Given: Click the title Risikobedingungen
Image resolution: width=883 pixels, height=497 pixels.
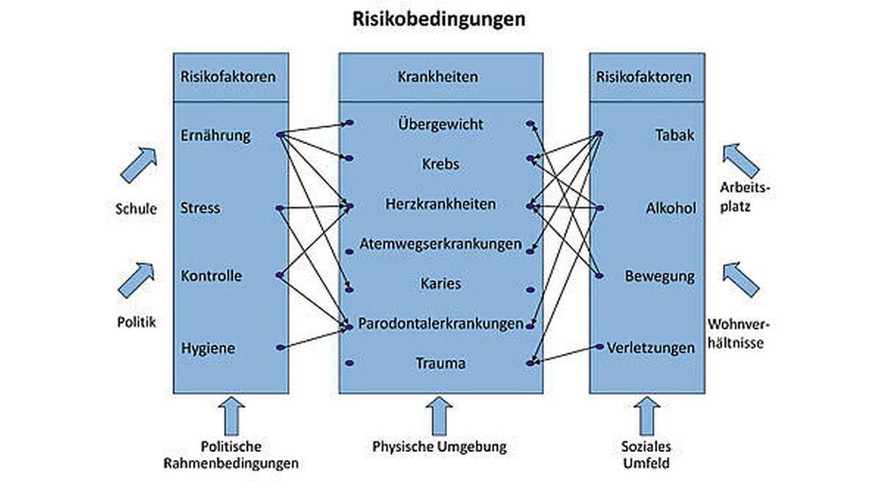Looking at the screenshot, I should (439, 19).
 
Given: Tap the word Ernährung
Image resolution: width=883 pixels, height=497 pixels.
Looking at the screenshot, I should (215, 135).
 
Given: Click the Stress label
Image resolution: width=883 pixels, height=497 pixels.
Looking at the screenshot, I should (200, 208).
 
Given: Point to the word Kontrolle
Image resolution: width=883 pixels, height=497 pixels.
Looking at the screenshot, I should (211, 275).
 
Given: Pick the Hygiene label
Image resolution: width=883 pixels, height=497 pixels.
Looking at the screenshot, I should (208, 348).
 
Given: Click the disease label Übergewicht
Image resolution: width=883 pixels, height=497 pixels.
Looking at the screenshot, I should (440, 124).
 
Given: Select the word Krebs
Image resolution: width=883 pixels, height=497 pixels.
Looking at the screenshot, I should (440, 163).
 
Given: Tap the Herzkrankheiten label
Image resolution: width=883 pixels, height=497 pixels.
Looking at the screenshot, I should (440, 204).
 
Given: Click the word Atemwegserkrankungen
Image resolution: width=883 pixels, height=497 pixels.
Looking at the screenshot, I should (440, 244).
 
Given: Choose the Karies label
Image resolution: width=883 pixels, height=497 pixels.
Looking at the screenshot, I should (440, 283).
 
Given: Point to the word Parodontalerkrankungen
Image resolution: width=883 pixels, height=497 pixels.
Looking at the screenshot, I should (440, 324).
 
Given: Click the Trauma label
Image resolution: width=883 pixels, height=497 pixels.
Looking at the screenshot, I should (440, 363).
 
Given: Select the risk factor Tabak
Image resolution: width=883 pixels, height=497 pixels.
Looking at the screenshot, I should (675, 135).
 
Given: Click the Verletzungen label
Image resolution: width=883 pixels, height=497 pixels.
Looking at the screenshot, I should (651, 348).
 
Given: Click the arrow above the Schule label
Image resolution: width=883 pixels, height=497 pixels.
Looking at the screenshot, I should (138, 165).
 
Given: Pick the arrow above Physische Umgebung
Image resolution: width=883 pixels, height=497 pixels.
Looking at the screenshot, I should (439, 413).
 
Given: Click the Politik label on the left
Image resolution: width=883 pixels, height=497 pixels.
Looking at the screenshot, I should (138, 322).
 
